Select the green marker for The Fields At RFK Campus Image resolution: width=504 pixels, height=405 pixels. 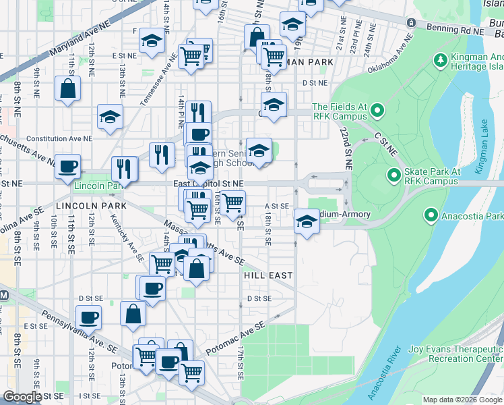pos(377,110)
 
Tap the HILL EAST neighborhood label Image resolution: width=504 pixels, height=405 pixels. pos(268,275)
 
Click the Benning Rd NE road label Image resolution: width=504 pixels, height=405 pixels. pos(455,29)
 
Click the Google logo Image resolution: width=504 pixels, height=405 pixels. pos(22,397)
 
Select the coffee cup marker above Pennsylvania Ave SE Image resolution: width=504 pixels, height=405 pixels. pos(88,317)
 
